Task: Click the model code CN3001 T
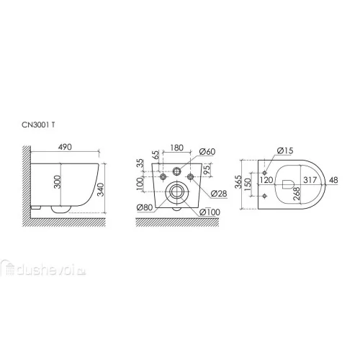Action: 38,125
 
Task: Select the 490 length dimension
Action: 65,147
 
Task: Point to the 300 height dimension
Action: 58,181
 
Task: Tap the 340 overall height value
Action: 101,189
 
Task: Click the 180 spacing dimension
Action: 177,148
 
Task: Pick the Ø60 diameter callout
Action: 207,152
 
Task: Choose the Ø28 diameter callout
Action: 219,194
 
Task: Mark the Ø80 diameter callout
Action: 145,207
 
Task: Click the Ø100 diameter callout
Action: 210,212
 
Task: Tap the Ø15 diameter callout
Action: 285,150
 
